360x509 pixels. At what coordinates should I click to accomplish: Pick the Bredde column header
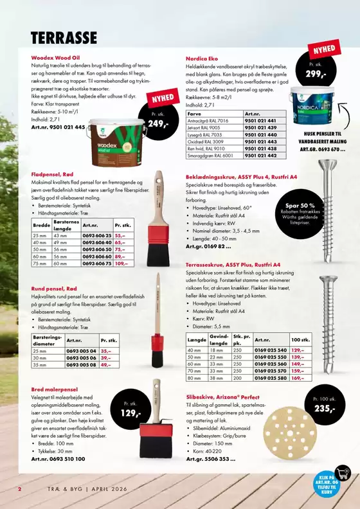click(41, 225)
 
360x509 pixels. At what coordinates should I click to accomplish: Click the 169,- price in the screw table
click(297, 378)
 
